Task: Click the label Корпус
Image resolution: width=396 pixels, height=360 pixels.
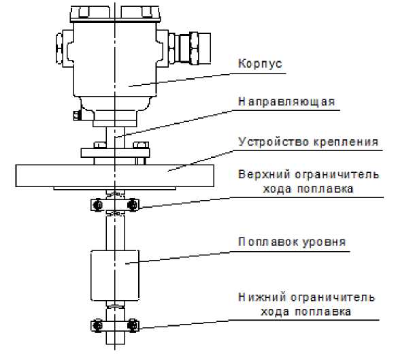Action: tap(260, 64)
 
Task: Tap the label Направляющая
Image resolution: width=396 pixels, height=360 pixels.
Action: tap(286, 101)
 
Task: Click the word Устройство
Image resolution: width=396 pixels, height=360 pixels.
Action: tap(274, 142)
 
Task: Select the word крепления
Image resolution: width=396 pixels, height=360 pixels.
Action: tap(346, 142)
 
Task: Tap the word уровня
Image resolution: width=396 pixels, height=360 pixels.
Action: tap(324, 242)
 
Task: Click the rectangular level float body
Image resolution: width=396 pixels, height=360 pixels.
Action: tap(115, 276)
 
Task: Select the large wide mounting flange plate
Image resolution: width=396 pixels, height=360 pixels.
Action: tap(115, 176)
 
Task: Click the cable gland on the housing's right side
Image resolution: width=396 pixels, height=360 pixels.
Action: tap(189, 48)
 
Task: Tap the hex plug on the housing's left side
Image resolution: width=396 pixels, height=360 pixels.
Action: tap(59, 48)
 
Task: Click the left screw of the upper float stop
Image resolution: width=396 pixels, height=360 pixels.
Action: tap(97, 205)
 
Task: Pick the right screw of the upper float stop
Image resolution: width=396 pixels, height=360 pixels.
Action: tap(132, 205)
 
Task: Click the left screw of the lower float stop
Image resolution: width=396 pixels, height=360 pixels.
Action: tap(97, 325)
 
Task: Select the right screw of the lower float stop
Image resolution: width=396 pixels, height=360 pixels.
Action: tap(132, 325)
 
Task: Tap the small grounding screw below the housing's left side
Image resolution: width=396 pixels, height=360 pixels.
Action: tap(77, 116)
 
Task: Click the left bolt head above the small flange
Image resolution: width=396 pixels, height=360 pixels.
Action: tap(100, 145)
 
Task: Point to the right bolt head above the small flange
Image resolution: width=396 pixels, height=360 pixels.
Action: tap(140, 145)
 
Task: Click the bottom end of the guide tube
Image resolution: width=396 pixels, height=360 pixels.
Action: tap(115, 344)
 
